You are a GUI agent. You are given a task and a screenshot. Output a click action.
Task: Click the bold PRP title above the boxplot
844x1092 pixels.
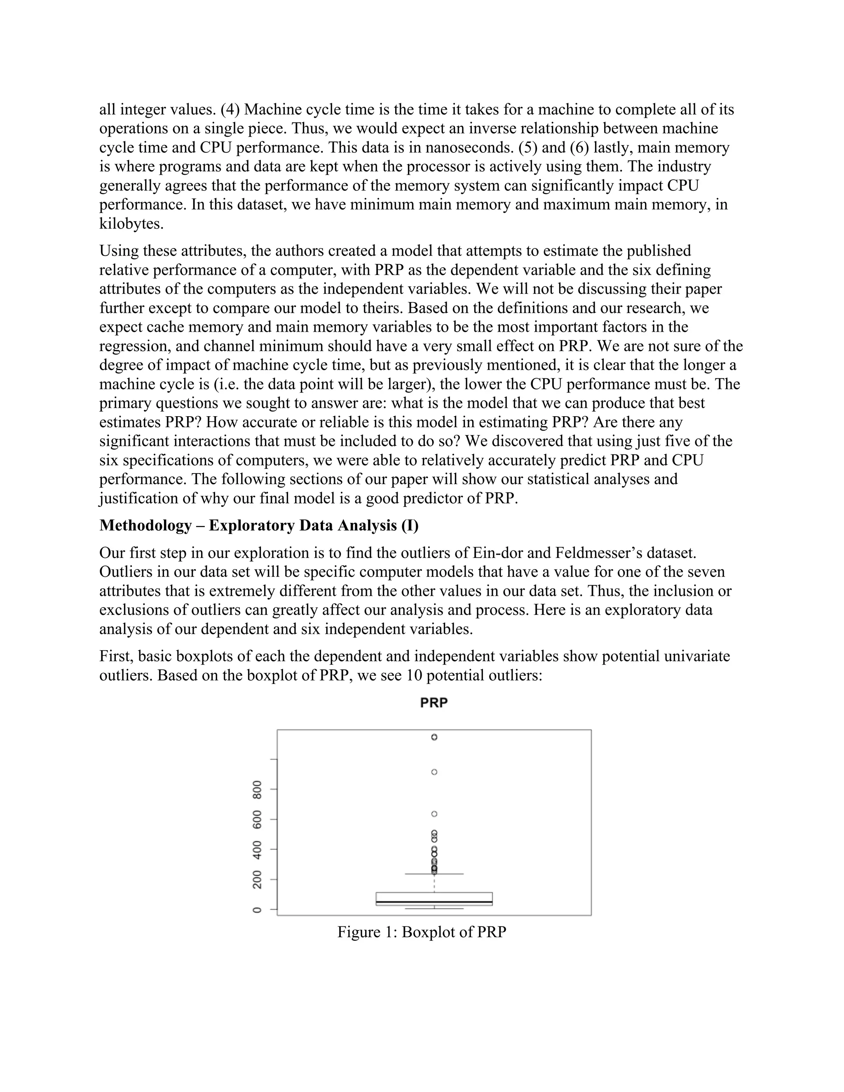(x=434, y=703)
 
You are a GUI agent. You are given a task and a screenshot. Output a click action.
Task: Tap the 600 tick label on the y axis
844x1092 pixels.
(x=257, y=820)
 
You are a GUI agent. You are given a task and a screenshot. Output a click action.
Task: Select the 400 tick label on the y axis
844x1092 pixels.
(x=257, y=850)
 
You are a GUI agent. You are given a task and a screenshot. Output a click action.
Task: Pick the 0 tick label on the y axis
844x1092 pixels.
(x=257, y=910)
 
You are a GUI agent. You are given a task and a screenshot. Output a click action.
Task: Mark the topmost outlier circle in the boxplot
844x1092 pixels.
(x=434, y=737)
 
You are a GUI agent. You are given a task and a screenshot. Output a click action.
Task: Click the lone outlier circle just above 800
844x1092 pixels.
(x=434, y=772)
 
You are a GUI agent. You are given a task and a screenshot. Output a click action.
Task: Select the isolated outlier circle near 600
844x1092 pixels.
(x=434, y=814)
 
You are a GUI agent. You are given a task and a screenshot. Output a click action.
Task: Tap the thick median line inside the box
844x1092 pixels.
(x=434, y=902)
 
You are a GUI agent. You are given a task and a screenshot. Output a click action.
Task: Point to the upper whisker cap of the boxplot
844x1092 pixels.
(x=434, y=874)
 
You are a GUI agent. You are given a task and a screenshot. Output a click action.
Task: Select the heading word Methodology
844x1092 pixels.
(x=145, y=525)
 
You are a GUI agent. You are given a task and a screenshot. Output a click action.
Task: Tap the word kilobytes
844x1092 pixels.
(x=131, y=223)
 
